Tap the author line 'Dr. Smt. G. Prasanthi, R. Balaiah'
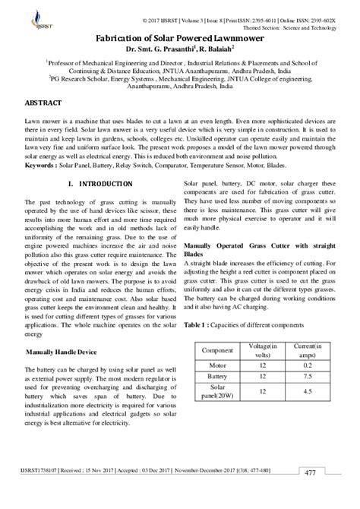(179, 49)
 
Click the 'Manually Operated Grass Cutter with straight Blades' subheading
(257, 251)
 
